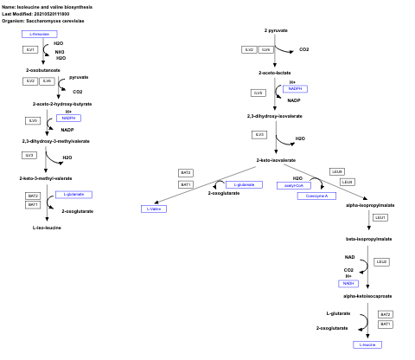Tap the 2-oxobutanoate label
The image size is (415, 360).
point(43,69)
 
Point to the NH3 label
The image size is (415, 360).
point(59,51)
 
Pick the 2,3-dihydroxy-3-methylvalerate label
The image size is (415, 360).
point(53,140)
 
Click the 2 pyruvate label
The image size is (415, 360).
point(276,30)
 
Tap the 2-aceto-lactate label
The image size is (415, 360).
point(275,73)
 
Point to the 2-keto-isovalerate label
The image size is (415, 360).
point(276,160)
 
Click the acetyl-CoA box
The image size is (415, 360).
point(292,185)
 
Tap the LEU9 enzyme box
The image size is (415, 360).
point(337,171)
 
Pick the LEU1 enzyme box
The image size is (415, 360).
point(380,217)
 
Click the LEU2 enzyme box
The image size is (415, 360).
point(380,261)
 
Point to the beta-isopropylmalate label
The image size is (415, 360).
point(369,238)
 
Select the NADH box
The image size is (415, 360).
point(348,283)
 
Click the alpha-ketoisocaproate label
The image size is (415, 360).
point(367,296)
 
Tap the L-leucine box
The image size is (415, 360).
point(369,344)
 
